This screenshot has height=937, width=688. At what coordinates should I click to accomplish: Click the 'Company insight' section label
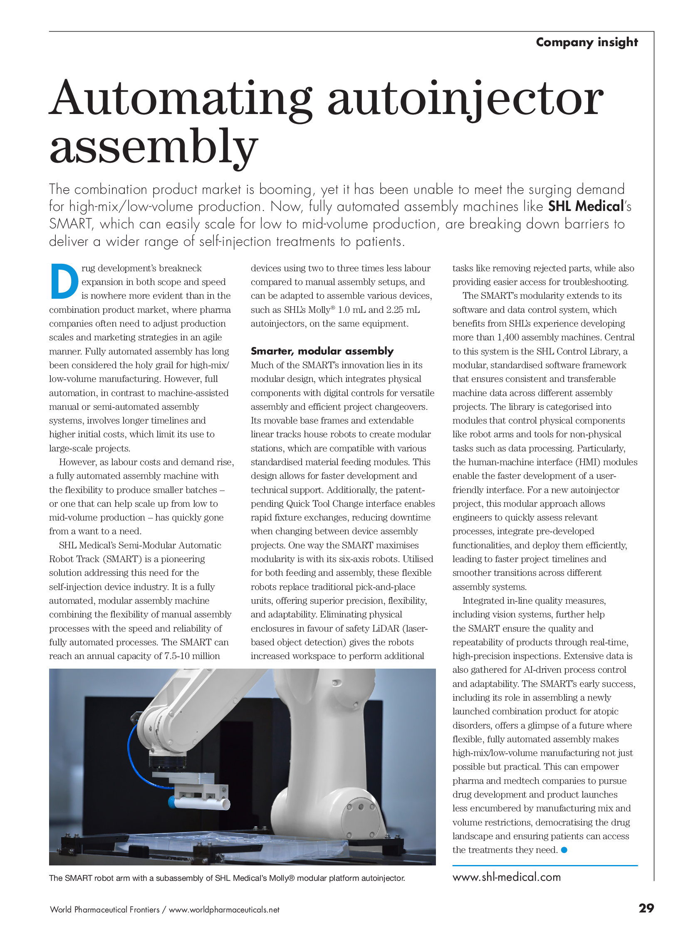(587, 42)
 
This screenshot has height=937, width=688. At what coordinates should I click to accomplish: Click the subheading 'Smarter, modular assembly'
(322, 351)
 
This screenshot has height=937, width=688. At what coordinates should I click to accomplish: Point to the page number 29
(646, 908)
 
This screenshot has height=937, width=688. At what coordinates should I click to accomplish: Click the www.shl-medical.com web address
(506, 877)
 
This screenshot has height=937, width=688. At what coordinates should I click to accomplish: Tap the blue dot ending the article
(564, 850)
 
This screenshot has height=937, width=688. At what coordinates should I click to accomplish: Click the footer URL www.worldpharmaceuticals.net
(224, 910)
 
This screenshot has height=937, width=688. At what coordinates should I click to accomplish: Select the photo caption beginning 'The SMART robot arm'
(227, 878)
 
